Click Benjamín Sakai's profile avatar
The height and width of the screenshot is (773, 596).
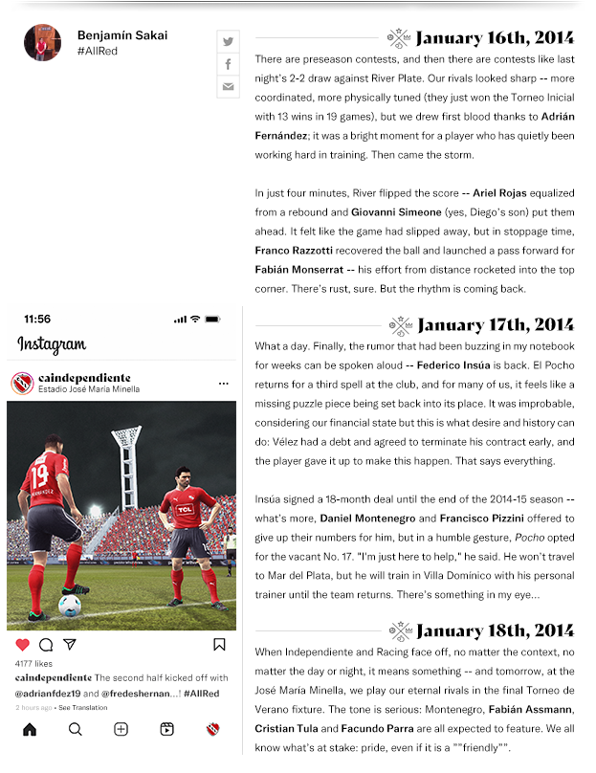pyautogui.click(x=43, y=42)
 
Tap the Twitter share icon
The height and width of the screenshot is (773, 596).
pyautogui.click(x=228, y=41)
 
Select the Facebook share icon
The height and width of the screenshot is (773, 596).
pyautogui.click(x=228, y=64)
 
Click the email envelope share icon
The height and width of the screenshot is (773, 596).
pyautogui.click(x=228, y=87)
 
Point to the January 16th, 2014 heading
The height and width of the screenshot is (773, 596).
pyautogui.click(x=495, y=38)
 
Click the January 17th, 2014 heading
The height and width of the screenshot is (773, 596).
pyautogui.click(x=495, y=324)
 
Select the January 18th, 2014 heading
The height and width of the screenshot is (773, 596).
pyautogui.click(x=495, y=630)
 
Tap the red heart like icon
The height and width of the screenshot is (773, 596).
pyautogui.click(x=23, y=645)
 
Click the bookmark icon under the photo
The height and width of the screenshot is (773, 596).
pyautogui.click(x=219, y=645)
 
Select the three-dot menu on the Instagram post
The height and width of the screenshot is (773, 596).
pyautogui.click(x=223, y=384)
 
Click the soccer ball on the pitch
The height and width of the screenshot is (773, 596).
pyautogui.click(x=69, y=605)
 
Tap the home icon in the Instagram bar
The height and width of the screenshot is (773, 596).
pyautogui.click(x=30, y=729)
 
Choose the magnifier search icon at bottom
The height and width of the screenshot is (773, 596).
pyautogui.click(x=75, y=729)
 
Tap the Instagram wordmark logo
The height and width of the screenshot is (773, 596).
pyautogui.click(x=52, y=345)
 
